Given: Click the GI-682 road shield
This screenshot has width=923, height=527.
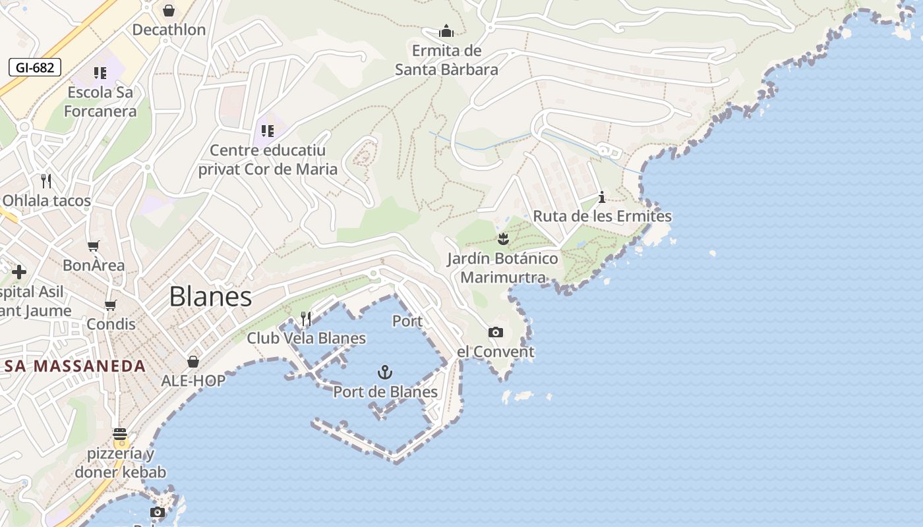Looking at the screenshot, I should pos(35,67).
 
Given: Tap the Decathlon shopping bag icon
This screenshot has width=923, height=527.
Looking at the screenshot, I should pos(169,11).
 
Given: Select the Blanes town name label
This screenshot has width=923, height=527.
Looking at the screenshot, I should pos(210,297).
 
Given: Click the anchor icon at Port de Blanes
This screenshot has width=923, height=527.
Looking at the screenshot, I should pos(385,373).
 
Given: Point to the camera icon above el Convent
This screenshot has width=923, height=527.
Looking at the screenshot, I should pos(496,333).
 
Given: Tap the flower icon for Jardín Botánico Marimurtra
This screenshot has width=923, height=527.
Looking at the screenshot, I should pos(504,238).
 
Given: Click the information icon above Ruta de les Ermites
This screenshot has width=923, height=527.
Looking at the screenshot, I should pos(601,197).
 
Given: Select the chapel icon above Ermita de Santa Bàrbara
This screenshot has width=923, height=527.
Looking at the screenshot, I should pos(446,31).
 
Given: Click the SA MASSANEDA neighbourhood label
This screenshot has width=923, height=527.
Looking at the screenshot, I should pos(74,366).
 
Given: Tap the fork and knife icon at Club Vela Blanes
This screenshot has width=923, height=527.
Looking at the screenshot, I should pos(306,319).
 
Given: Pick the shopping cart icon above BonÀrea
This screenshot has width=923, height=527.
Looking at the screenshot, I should pos(94,246).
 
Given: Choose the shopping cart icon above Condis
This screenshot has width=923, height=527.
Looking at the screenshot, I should pos(111,305).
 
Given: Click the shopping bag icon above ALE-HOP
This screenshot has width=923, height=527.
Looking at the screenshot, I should pos(193,362).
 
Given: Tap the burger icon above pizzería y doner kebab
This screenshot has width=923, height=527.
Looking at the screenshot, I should pos(120,434).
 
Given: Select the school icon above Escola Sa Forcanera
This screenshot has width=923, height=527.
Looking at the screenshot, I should pos(100,73).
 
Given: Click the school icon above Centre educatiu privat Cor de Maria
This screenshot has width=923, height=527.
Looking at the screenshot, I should pos(267,131).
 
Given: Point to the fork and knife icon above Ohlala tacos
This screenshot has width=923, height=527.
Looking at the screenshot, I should pos(46,181).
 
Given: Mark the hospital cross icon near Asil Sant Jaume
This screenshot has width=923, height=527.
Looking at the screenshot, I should pos(19,271).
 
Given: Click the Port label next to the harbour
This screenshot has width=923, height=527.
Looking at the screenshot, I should pos(407,321).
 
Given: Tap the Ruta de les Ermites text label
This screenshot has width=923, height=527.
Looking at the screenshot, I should pos(602,216).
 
